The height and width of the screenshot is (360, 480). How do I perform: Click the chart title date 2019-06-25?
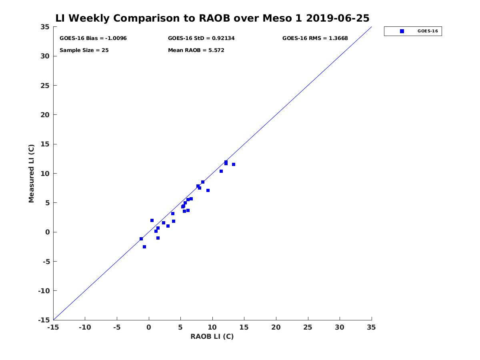[338, 18]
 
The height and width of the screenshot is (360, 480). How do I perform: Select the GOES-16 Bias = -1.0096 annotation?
[93, 38]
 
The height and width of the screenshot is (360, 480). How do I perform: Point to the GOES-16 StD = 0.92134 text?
[201, 38]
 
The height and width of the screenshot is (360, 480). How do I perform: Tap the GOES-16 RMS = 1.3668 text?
[315, 38]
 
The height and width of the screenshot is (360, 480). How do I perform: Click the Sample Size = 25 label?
[84, 50]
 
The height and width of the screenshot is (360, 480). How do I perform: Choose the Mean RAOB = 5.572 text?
[196, 50]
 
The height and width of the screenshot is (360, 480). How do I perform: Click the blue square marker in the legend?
[402, 31]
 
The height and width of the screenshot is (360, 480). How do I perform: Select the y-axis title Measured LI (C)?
[31, 173]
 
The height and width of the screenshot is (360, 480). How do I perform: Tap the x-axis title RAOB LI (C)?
[212, 336]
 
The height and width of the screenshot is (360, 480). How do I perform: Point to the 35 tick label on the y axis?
[45, 27]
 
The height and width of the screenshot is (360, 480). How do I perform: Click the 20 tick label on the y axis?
[45, 115]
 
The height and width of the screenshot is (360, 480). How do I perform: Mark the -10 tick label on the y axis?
[44, 291]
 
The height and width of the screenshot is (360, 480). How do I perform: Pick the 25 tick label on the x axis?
[308, 327]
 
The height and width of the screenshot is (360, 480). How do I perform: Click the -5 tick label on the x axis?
[116, 327]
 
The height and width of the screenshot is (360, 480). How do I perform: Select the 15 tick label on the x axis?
[244, 327]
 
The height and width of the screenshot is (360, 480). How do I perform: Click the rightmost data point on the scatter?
[233, 164]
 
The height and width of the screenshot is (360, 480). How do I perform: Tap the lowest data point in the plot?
[144, 247]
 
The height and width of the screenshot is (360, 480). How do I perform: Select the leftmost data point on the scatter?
[141, 239]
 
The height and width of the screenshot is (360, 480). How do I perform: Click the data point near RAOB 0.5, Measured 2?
[152, 220]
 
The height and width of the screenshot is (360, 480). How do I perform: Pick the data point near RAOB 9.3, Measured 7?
[208, 190]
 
